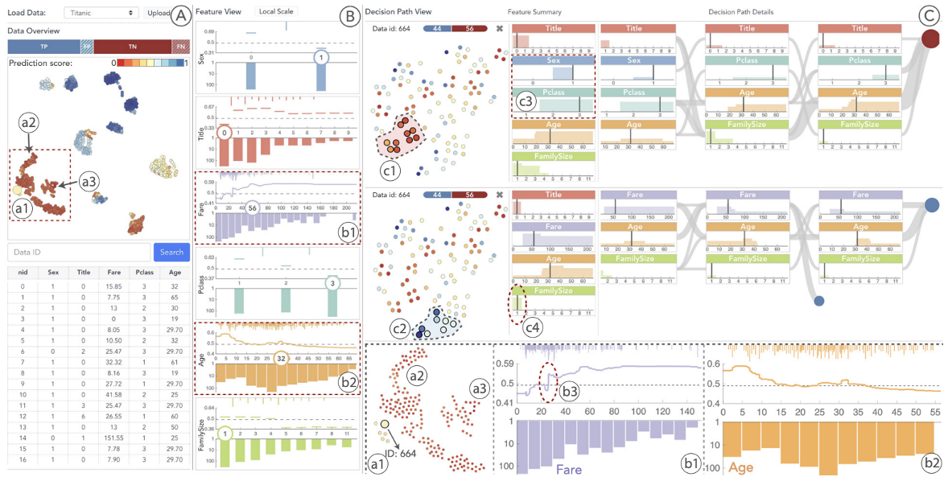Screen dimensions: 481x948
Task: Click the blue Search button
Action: pyautogui.click(x=171, y=252)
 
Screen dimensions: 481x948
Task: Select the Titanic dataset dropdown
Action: pyautogui.click(x=100, y=13)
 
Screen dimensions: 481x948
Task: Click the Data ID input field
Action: pyautogui.click(x=78, y=252)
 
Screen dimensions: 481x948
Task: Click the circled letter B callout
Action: pyautogui.click(x=348, y=15)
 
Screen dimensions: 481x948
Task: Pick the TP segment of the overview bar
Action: pyautogui.click(x=43, y=46)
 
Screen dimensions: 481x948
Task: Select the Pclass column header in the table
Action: pyautogui.click(x=146, y=272)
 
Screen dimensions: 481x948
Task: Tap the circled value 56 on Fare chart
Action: pyautogui.click(x=252, y=208)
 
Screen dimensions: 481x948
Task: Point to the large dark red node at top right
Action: pyautogui.click(x=932, y=39)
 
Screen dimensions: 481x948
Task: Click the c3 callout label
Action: pyautogui.click(x=526, y=102)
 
